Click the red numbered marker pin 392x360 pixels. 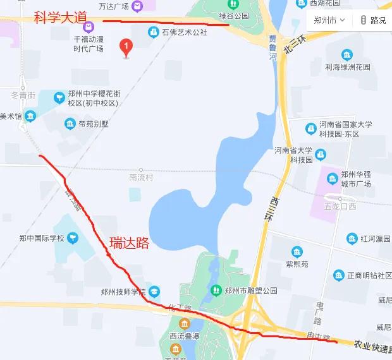(126, 47)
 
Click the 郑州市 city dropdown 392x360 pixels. (329, 20)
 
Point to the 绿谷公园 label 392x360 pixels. (233, 16)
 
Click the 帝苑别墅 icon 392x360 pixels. (70, 124)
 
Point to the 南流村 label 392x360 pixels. (141, 177)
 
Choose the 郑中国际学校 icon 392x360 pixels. (74, 238)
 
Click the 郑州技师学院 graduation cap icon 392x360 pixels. (155, 291)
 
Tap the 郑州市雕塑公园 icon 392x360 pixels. (215, 291)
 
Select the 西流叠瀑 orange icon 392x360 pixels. (185, 323)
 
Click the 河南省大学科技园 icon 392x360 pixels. (321, 154)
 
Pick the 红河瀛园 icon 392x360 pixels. (352, 239)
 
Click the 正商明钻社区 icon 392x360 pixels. (338, 275)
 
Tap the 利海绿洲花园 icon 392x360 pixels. (346, 55)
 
